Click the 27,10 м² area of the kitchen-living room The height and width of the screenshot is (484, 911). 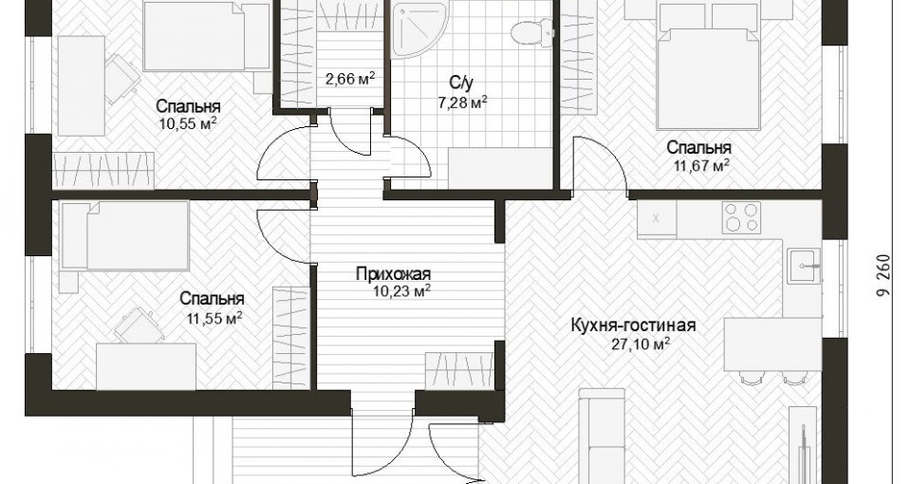(x=641, y=344)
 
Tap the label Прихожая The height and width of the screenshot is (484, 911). (x=393, y=273)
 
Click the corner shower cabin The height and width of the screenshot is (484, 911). (x=419, y=29)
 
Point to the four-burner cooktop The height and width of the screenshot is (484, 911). (x=741, y=216)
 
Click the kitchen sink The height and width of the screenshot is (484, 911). (x=804, y=266)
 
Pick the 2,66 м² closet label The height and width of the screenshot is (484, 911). (x=350, y=79)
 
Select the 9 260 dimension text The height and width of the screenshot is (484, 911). (x=884, y=275)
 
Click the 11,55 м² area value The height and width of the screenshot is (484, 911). (x=214, y=317)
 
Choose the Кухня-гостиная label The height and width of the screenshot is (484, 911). (x=633, y=325)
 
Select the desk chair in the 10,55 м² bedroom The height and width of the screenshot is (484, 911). (x=121, y=77)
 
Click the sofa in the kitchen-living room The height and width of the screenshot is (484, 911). (x=602, y=436)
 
